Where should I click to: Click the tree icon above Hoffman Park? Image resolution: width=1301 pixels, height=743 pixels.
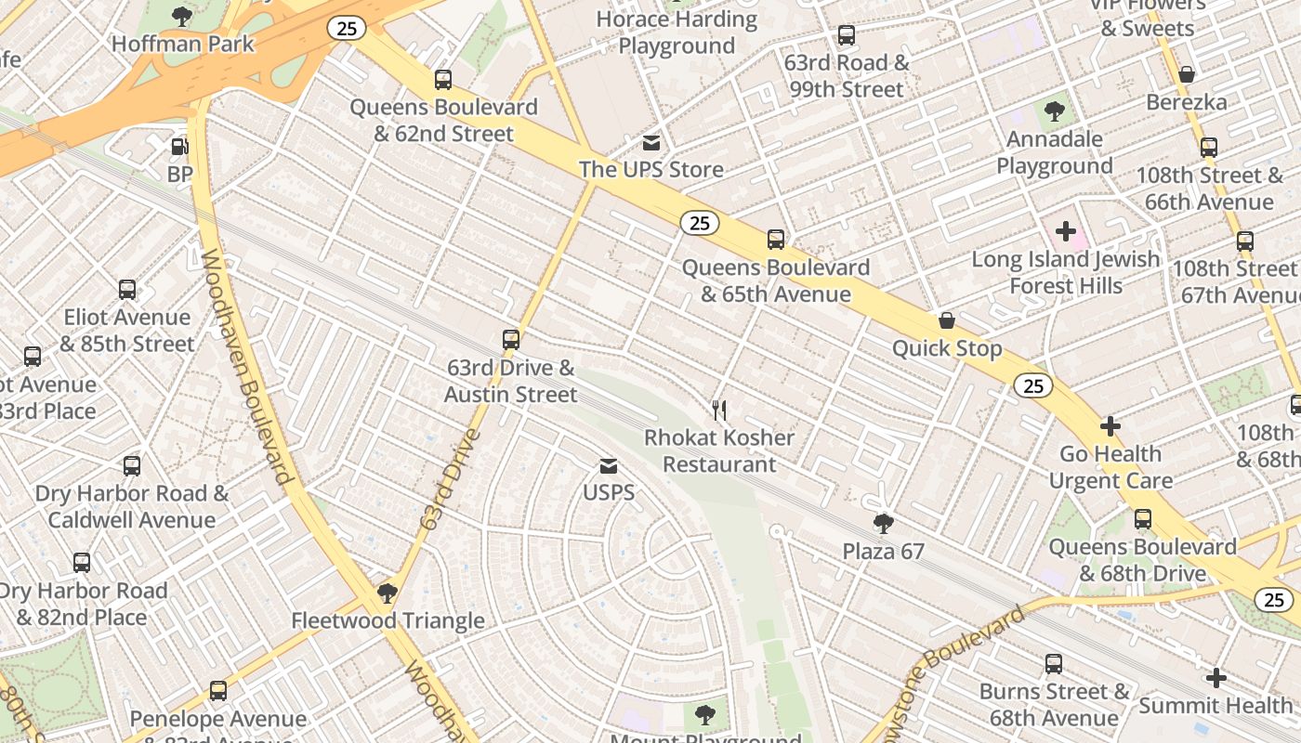182,16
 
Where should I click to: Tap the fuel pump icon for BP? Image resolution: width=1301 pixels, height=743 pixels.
179,147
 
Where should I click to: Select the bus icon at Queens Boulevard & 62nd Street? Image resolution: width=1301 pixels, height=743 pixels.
443,80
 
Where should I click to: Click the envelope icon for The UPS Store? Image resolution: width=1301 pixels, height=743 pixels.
651,143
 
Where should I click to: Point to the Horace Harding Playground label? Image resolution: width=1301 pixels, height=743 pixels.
677,33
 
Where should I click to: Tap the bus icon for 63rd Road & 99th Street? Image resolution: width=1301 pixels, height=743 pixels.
847,35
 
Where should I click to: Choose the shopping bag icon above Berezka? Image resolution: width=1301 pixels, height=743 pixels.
1187,74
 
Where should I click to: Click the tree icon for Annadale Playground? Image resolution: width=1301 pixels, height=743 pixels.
1054,112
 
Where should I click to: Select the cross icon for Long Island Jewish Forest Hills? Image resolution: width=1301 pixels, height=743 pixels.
1066,231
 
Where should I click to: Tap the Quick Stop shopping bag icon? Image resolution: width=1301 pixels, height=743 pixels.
947,321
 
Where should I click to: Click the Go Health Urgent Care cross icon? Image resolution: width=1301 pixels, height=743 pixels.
1110,427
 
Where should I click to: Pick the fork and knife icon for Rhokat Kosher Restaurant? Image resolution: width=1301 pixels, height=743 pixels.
719,411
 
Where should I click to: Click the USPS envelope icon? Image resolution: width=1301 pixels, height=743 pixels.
608,465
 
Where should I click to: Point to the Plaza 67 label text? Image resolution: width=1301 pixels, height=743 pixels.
883,552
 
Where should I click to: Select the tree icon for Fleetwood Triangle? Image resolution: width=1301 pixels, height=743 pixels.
388,593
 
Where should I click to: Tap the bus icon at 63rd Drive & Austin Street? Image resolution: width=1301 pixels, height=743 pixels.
510,340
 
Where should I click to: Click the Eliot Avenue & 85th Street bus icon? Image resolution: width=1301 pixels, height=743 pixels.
127,290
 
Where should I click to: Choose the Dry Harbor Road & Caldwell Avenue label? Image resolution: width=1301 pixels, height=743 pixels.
132,506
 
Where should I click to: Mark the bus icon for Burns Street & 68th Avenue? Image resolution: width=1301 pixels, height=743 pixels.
1054,664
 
